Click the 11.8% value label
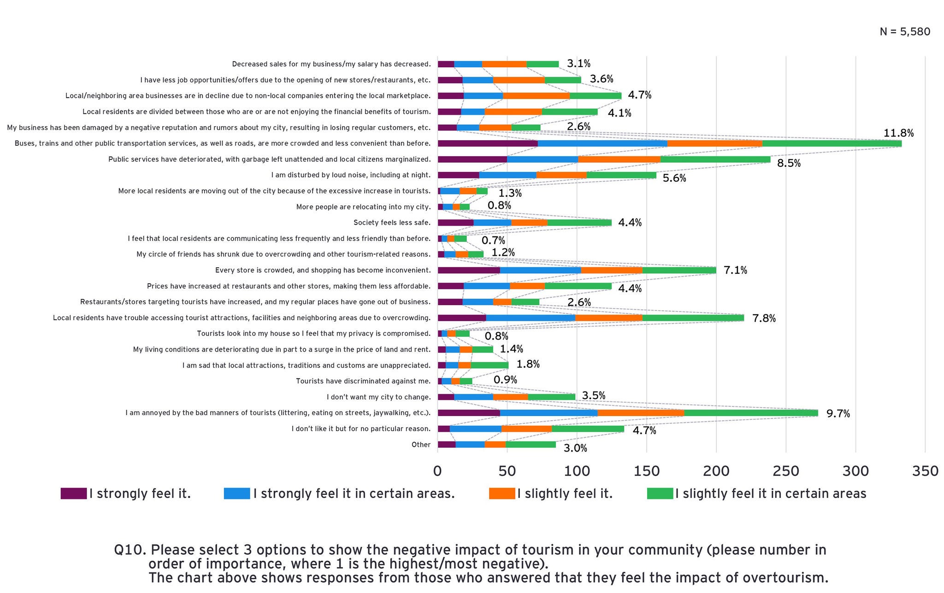click(898, 133)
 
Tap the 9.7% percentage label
click(838, 414)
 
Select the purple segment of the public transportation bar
click(487, 143)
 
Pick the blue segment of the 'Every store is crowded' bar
click(540, 270)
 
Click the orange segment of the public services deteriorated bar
click(619, 159)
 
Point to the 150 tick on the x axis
click(646, 471)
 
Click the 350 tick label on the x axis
click(925, 471)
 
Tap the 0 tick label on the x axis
click(437, 471)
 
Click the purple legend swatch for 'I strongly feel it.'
click(73, 493)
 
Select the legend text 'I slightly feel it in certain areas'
click(770, 493)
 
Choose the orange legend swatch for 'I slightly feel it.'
click(501, 493)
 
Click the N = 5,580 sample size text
click(904, 32)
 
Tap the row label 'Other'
click(421, 445)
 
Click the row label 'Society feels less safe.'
click(392, 223)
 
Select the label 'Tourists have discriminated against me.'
click(363, 381)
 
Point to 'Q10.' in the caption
click(130, 550)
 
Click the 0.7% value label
click(493, 241)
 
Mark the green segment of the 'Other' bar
click(531, 445)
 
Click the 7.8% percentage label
click(764, 318)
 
